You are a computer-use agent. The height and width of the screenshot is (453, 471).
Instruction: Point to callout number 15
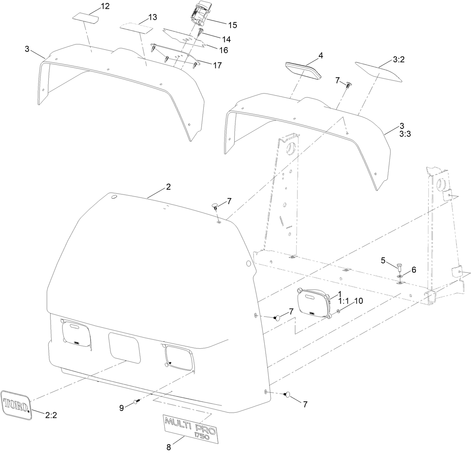232,25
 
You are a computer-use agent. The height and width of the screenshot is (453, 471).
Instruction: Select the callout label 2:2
51,414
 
